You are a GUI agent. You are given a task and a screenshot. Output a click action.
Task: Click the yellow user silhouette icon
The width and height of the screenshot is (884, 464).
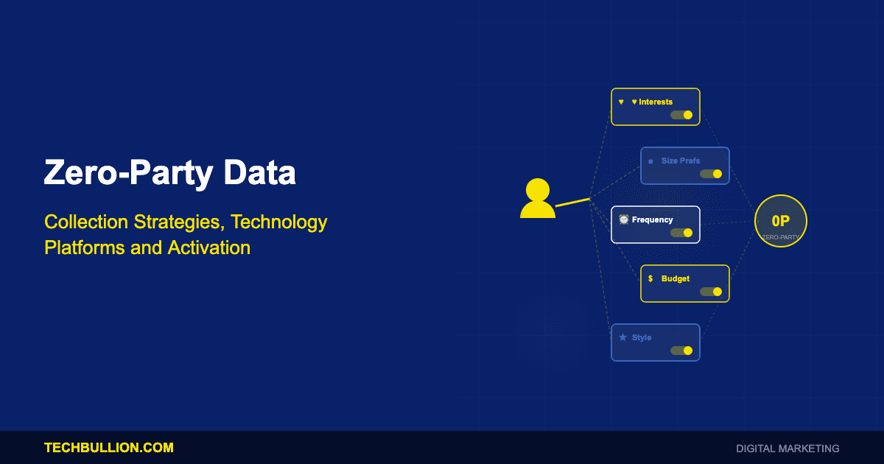(538, 198)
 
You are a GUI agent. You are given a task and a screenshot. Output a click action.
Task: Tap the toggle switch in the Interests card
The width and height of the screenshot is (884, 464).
(681, 115)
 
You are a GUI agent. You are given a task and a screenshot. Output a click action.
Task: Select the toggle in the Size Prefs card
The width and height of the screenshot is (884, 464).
(711, 174)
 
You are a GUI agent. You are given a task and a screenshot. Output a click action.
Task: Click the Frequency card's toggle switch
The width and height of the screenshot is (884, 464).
(681, 233)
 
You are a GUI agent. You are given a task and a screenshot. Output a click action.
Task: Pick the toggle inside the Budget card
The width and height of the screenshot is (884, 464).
(711, 292)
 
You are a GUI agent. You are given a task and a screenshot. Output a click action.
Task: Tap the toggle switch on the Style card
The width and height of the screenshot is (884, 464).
(681, 351)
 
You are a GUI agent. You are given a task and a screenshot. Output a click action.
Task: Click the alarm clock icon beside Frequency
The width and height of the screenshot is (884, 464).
(623, 219)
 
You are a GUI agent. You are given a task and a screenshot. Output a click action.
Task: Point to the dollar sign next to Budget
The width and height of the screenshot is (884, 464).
(650, 278)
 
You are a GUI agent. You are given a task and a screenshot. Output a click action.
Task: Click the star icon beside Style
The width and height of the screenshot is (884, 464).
(622, 337)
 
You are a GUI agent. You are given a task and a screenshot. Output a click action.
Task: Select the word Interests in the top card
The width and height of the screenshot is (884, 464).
(656, 102)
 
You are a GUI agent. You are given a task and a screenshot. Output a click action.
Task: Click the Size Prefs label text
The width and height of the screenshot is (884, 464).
(681, 161)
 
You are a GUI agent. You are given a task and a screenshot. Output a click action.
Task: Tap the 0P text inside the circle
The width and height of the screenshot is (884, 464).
(781, 221)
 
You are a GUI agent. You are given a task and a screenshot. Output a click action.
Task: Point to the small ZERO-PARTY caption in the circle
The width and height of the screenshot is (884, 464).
(781, 237)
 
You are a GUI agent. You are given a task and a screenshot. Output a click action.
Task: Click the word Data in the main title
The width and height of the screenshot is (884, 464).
(259, 172)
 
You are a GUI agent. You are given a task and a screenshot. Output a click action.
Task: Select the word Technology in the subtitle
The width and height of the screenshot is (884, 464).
(279, 222)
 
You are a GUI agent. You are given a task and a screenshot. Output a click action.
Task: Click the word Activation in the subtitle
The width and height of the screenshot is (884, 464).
(208, 247)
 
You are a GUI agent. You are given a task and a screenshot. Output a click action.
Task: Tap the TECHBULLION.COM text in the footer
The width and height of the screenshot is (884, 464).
(109, 448)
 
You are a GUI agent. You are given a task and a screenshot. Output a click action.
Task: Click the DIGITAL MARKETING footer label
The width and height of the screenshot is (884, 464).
(787, 449)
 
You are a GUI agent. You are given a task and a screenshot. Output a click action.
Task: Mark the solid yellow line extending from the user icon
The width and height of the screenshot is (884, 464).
(572, 203)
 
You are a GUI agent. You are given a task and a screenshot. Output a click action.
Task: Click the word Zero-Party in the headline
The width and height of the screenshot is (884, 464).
(129, 174)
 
